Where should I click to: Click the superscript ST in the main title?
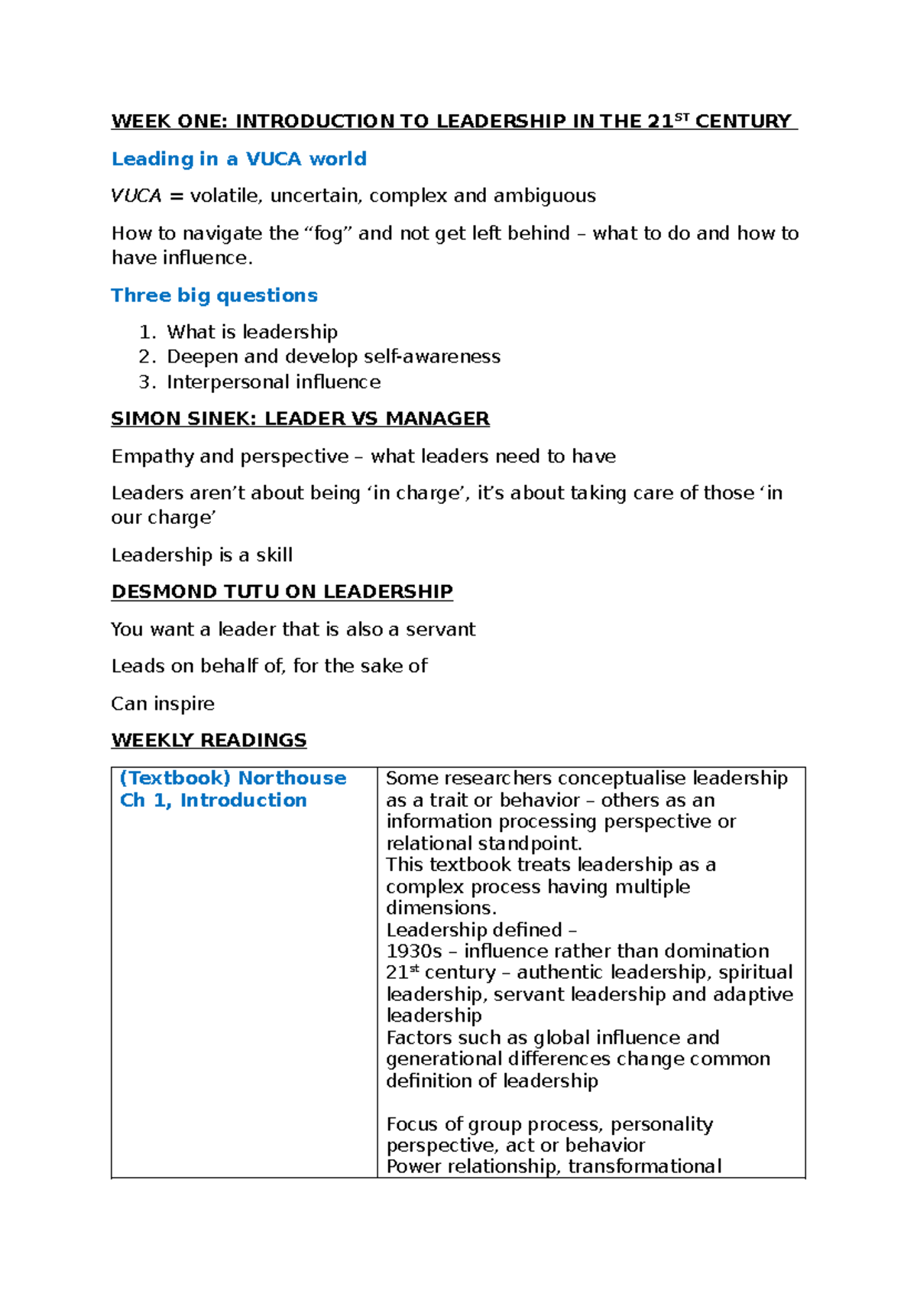(x=682, y=117)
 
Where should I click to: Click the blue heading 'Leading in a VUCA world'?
(x=238, y=159)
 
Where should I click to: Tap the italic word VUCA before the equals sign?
(x=136, y=197)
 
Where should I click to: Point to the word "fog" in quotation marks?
(x=328, y=234)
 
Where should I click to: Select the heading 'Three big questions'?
(x=214, y=295)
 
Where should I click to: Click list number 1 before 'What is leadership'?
(x=147, y=333)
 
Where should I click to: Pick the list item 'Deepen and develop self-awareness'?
(x=333, y=357)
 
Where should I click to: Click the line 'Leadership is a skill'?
(x=202, y=555)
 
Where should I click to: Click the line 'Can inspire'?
(x=163, y=704)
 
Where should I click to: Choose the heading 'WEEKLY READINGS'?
(x=209, y=740)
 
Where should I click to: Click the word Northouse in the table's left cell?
(x=292, y=779)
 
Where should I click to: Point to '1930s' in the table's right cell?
(x=413, y=951)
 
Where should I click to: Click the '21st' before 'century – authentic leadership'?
(x=402, y=973)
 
